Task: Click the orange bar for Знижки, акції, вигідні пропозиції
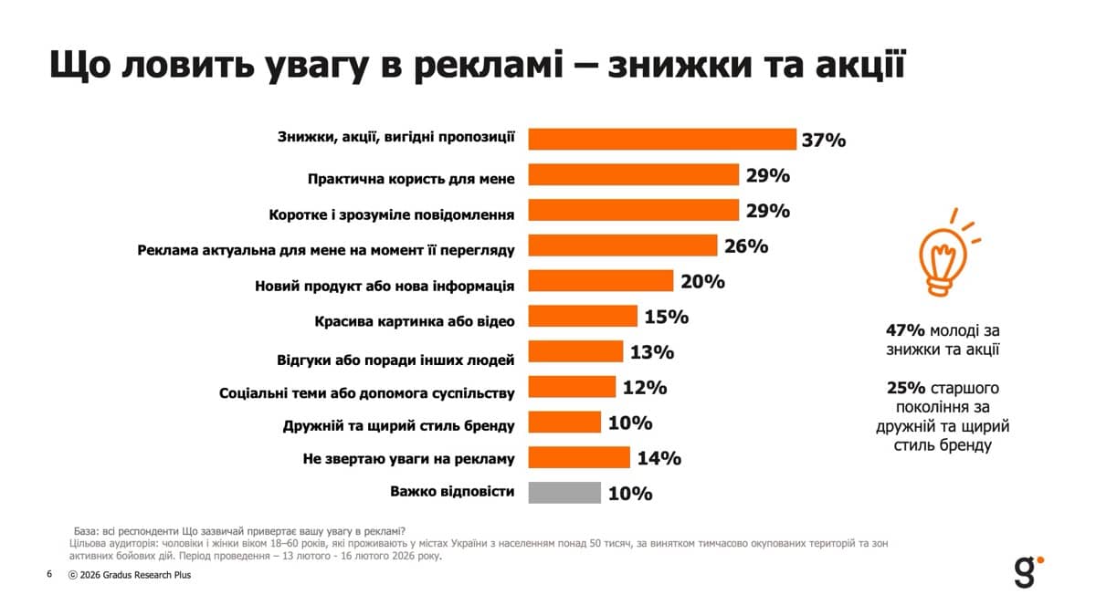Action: click(663, 139)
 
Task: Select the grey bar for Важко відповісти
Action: click(565, 493)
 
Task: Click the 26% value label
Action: click(746, 246)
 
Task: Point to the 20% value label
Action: click(702, 281)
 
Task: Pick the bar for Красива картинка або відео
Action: click(584, 317)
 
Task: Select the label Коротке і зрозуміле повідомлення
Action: click(392, 214)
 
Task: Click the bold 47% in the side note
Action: click(904, 330)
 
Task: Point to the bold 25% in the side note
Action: click(904, 387)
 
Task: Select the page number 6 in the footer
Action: click(49, 575)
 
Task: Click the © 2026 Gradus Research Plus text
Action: click(130, 575)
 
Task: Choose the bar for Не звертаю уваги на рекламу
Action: click(580, 457)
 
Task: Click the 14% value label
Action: click(659, 458)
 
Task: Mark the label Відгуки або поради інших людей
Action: click(395, 358)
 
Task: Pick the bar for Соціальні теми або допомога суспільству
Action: click(573, 387)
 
